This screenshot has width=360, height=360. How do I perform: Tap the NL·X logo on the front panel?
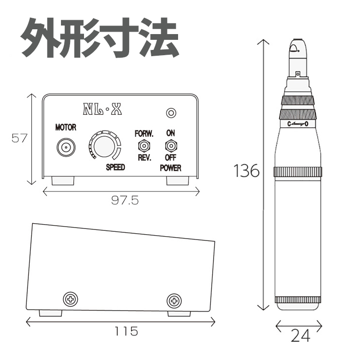coord(102,109)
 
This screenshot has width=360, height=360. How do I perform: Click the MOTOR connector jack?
coord(66,147)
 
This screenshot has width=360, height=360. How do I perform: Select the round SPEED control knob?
coord(104,146)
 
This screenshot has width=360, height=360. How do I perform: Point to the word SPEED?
coord(115,167)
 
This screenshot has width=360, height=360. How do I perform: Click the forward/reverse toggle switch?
coord(144,145)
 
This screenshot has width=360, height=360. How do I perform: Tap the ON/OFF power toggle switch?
coord(171,146)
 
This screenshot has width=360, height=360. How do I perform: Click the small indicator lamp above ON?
coord(171,113)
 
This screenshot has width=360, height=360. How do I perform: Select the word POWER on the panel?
coord(170,168)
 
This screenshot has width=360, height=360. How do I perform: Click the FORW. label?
coord(144,133)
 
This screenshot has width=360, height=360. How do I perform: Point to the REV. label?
coord(144,157)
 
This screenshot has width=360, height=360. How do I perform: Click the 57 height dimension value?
coord(19,138)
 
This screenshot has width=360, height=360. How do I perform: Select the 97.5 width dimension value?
coord(125,200)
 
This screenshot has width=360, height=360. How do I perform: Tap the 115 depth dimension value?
coord(126,331)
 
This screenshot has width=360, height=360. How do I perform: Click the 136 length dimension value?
coord(246,170)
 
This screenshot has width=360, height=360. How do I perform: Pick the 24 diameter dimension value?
coord(301,336)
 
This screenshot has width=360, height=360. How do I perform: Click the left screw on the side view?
coord(71,299)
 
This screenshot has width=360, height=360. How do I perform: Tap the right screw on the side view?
coord(174,300)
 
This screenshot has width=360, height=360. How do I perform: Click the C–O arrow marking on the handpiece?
coord(298,124)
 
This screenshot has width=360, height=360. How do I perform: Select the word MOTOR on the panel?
coord(66,127)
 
